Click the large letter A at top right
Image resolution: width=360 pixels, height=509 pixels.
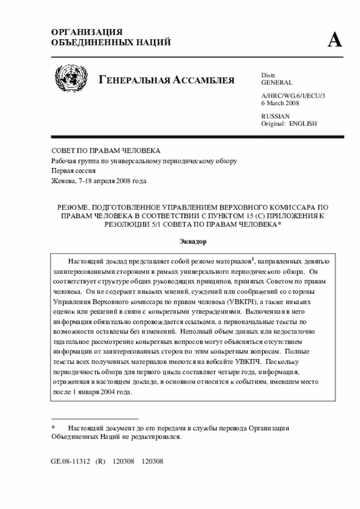click(x=335, y=40)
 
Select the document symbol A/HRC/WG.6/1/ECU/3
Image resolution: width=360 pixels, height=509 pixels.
click(x=293, y=96)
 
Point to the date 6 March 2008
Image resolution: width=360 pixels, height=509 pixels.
click(x=280, y=103)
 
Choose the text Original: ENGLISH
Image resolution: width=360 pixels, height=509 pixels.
click(x=289, y=123)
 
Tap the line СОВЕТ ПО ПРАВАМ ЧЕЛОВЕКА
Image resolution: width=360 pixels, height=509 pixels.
click(x=106, y=151)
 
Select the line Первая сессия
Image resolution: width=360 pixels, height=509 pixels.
click(x=73, y=170)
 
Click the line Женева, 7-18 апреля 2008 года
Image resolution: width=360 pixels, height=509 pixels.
click(x=99, y=181)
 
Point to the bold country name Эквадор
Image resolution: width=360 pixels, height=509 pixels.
click(x=193, y=241)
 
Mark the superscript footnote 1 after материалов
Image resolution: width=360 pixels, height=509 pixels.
click(x=253, y=259)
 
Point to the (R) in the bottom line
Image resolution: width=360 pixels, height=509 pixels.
click(x=101, y=461)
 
